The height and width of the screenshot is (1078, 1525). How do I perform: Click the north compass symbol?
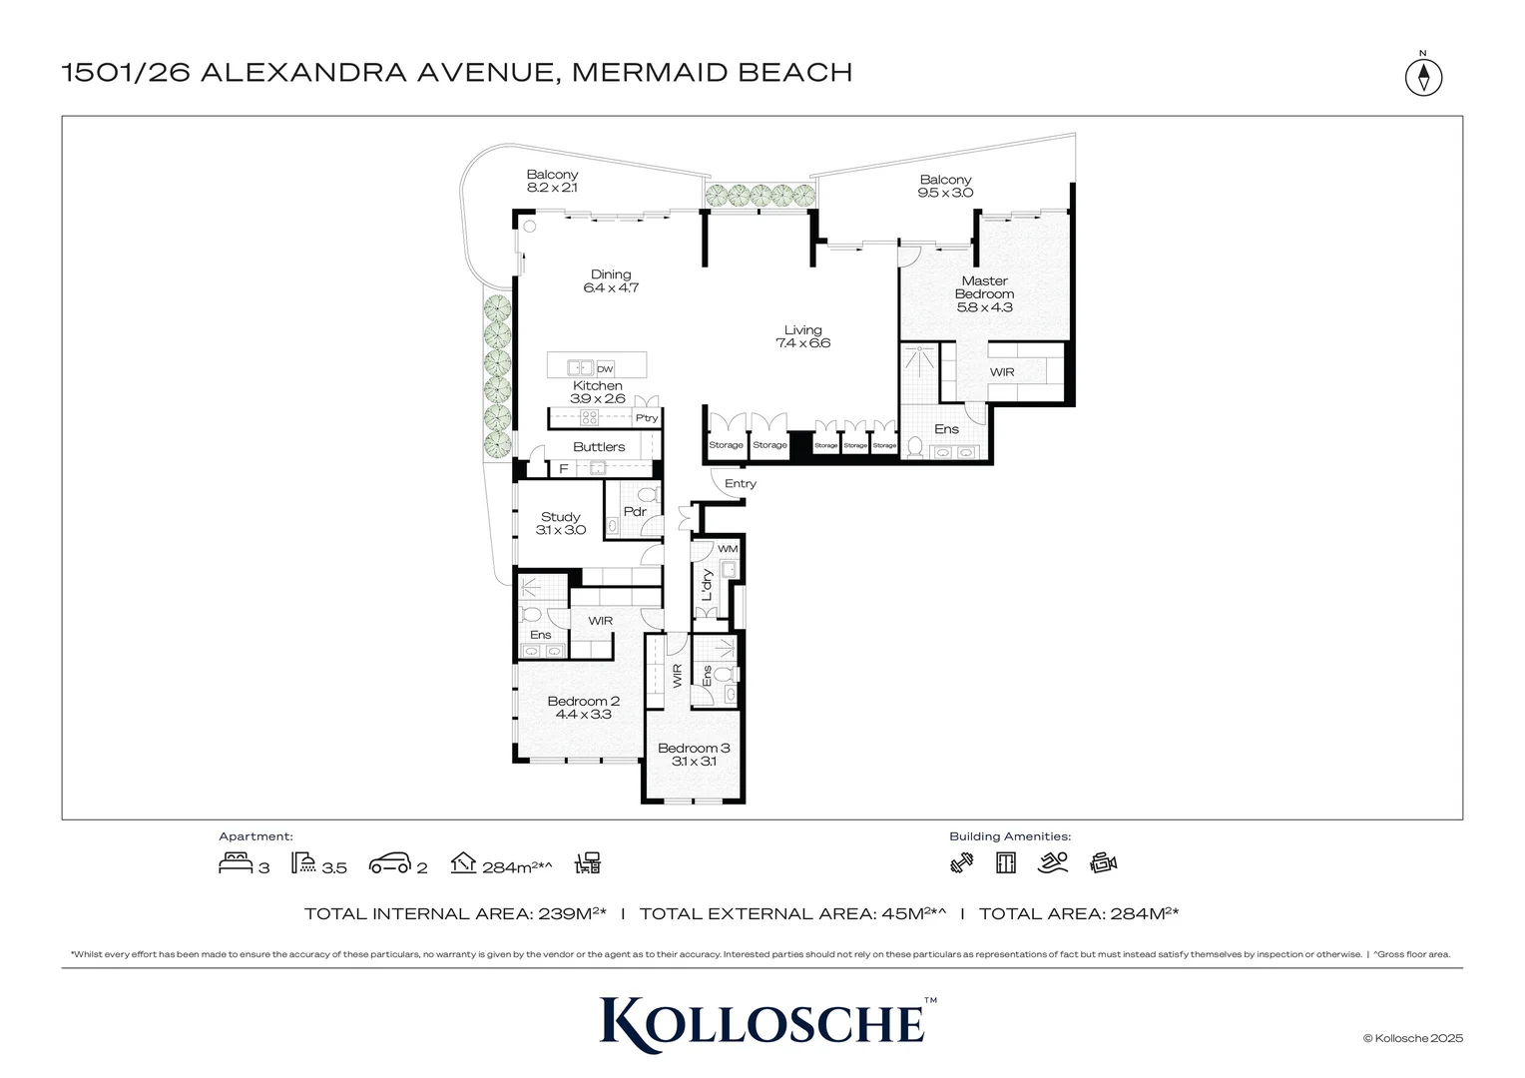tap(1423, 77)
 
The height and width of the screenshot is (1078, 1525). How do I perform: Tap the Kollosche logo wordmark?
tap(762, 1023)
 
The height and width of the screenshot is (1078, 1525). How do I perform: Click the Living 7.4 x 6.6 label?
tap(802, 336)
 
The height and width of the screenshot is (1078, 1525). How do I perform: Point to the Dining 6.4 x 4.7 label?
tap(611, 280)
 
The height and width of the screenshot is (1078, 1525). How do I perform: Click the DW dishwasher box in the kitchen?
tap(605, 369)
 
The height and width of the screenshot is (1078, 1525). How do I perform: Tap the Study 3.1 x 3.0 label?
tap(561, 523)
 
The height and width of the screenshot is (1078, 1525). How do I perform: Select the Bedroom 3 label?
tap(694, 754)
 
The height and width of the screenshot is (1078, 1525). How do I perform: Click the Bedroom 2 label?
tap(584, 707)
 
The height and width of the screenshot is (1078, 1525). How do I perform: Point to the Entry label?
tap(741, 483)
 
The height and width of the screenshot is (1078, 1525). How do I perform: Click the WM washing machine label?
tap(728, 549)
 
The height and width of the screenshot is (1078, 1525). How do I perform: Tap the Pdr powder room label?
tap(635, 512)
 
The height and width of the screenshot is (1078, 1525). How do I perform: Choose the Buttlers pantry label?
tap(599, 446)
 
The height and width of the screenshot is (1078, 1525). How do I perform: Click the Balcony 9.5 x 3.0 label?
tap(945, 186)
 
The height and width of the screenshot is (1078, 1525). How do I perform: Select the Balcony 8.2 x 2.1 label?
tap(552, 181)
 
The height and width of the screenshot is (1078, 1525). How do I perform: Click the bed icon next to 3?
tap(235, 863)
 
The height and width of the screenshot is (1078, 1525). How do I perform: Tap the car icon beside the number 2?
tap(389, 863)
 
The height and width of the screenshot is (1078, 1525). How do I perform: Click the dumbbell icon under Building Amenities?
tap(962, 863)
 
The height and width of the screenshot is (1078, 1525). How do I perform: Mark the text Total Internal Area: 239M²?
tap(455, 913)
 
